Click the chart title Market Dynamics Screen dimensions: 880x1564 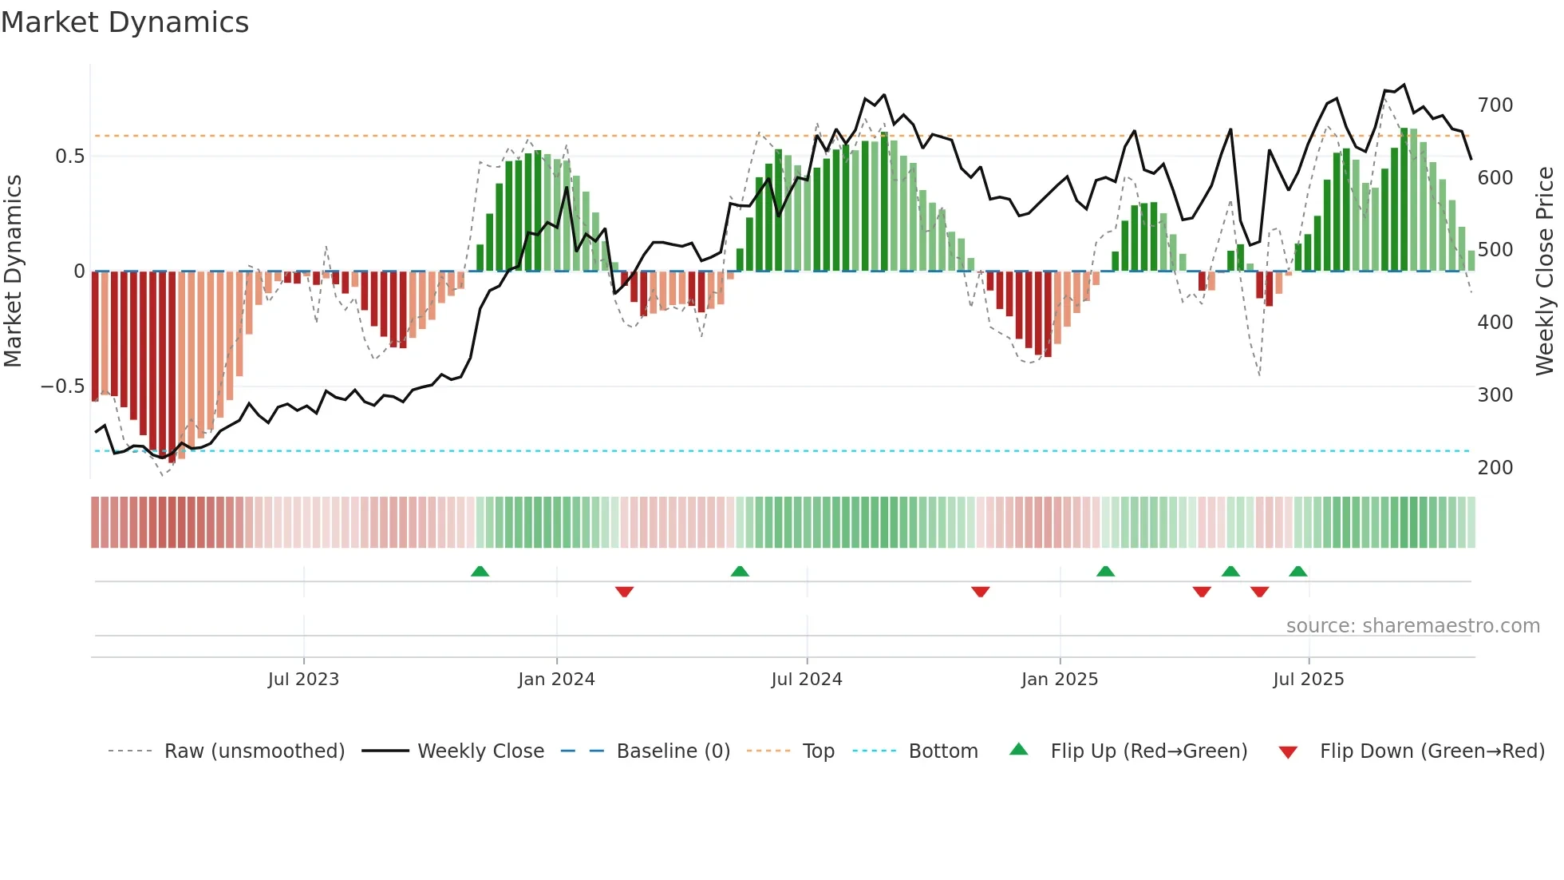pos(124,22)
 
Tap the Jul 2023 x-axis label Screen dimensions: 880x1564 pos(303,680)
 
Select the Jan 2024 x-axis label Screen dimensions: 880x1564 pos(556,680)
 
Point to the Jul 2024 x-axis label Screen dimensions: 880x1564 pos(807,680)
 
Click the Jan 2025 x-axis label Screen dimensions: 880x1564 pos(1060,680)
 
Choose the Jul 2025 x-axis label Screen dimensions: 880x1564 pos(1309,680)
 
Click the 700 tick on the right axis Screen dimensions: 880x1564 pos(1495,105)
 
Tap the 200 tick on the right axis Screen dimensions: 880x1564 pos(1495,468)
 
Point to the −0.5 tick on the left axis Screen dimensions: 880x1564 pos(62,386)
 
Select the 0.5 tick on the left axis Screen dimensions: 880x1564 pos(69,157)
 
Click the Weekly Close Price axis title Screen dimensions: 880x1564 pos(1545,272)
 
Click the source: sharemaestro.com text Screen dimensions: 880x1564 pos(1412,626)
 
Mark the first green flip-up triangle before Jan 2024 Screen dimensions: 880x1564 pos(480,572)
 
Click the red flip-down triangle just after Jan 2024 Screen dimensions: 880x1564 pos(625,592)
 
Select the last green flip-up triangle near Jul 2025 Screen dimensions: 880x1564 pos(1298,572)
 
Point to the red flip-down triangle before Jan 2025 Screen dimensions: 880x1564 pos(981,592)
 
